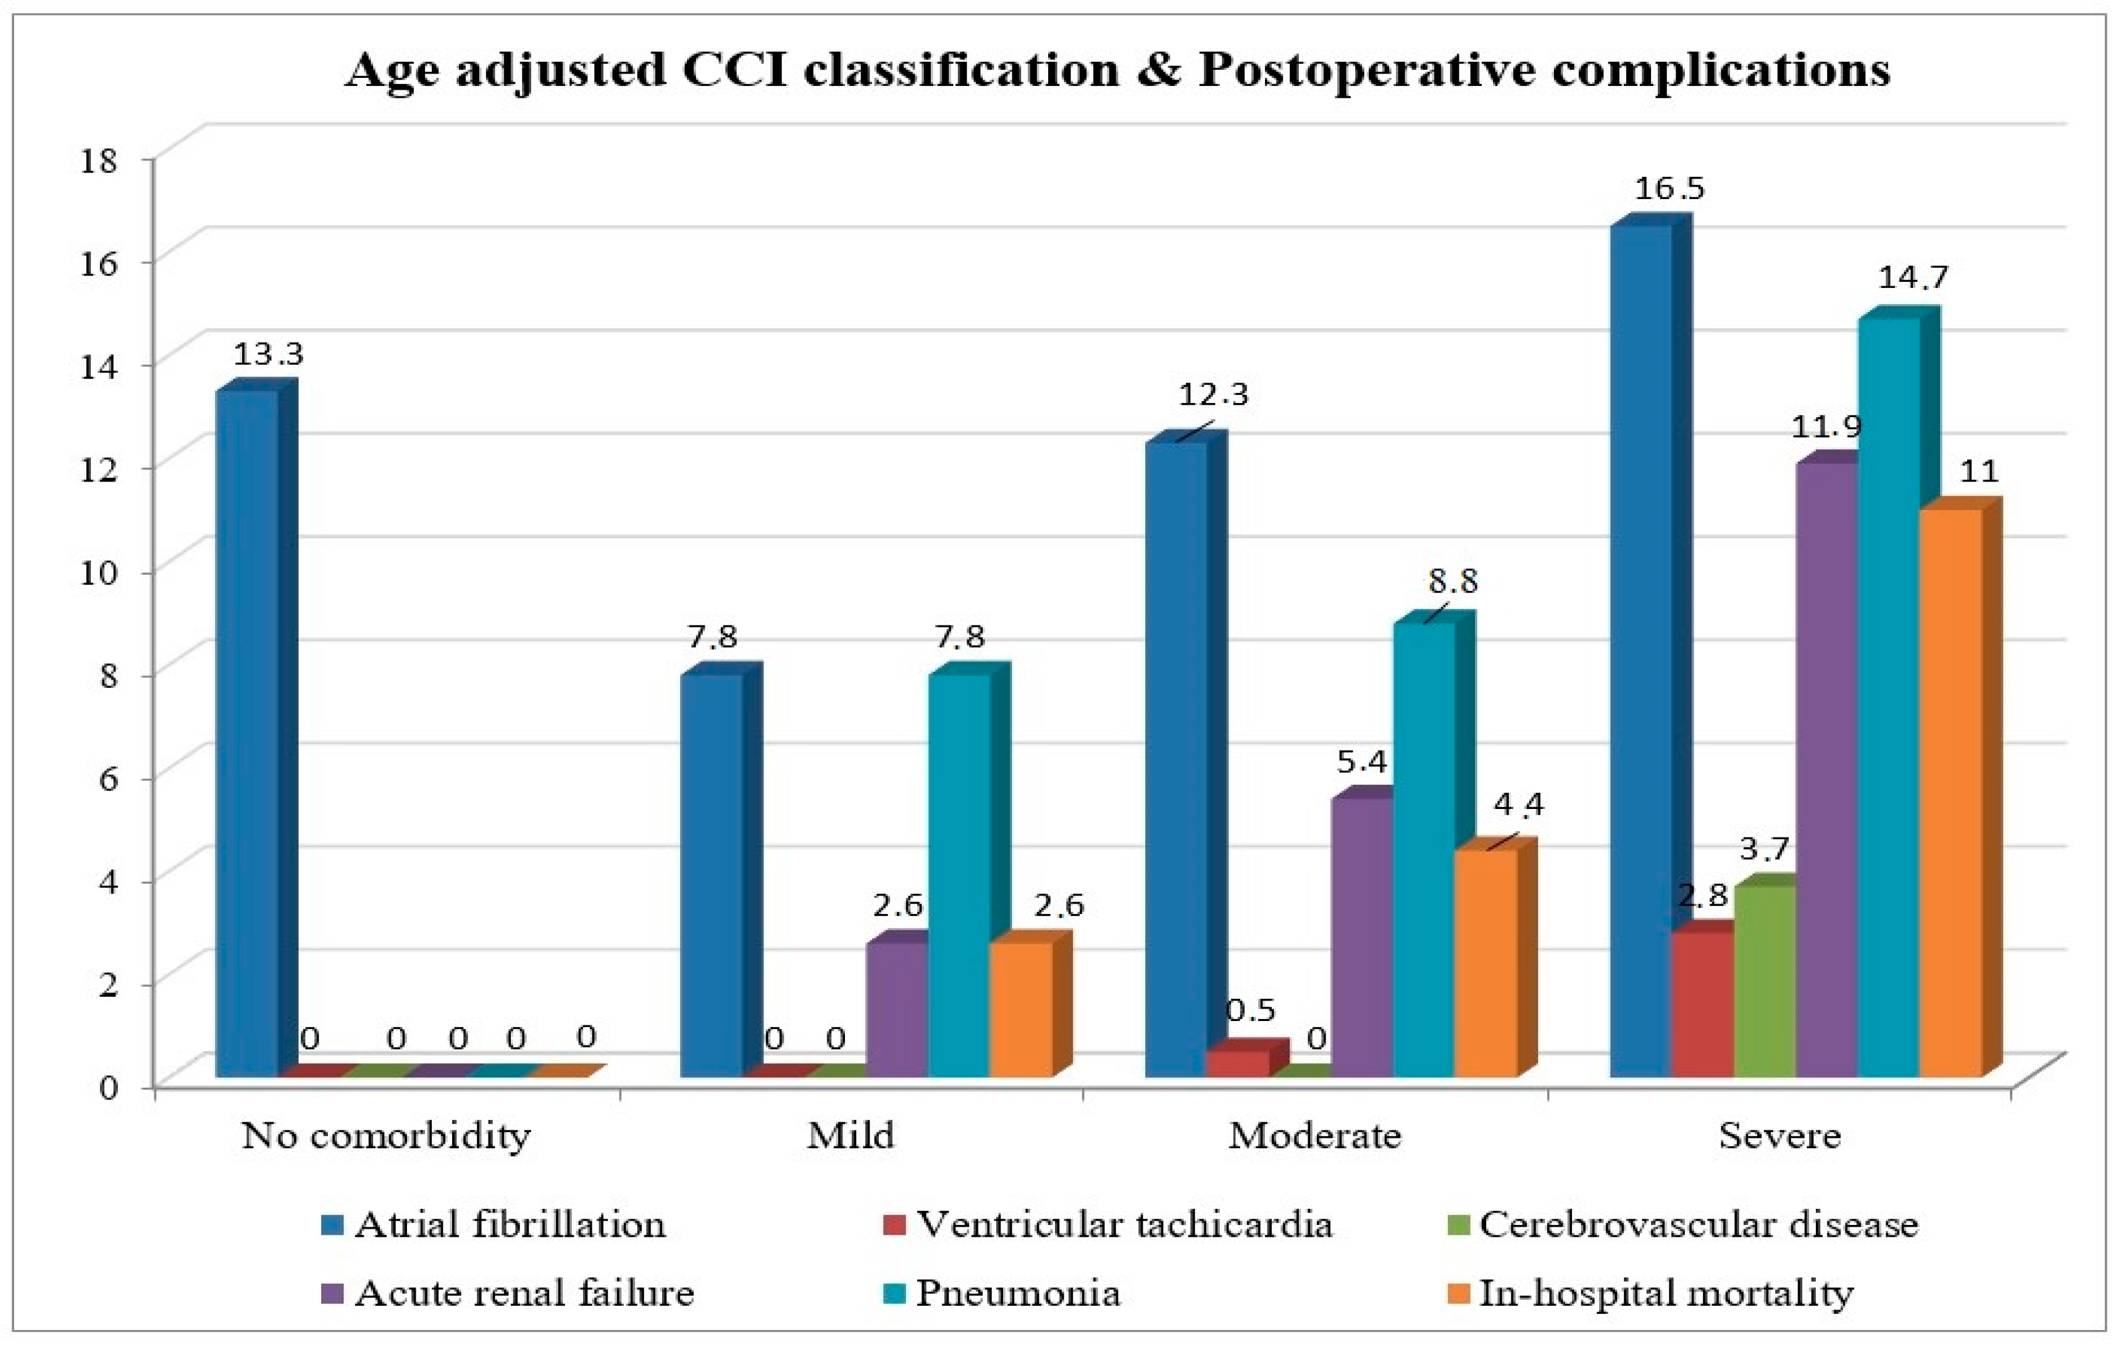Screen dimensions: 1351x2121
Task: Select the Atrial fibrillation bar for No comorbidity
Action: (x=246, y=732)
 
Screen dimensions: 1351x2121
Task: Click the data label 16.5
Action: (x=1669, y=188)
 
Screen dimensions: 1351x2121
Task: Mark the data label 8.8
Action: (x=1453, y=582)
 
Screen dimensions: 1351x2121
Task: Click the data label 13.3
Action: (x=268, y=354)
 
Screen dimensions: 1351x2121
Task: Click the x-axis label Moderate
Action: (x=1314, y=1136)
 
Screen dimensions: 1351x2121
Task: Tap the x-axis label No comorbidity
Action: (x=386, y=1136)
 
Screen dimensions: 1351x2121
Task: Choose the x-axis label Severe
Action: (x=1779, y=1136)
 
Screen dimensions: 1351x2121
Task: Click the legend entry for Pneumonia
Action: (x=1017, y=1293)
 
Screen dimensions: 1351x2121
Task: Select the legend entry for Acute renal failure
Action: (x=524, y=1293)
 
